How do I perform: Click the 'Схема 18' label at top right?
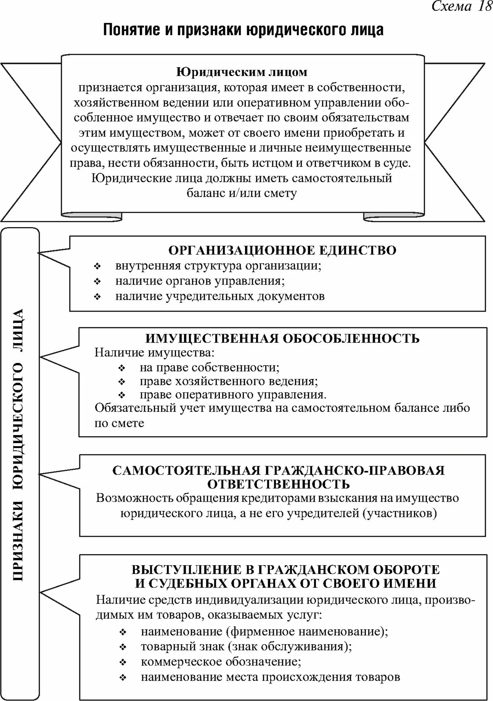tap(461, 6)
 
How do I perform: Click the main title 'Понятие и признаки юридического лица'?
tap(243, 30)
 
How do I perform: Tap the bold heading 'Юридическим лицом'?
tap(242, 72)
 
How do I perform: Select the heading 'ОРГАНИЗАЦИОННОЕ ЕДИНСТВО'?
tap(283, 250)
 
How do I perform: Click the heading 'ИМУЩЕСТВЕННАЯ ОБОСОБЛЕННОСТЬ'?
tap(283, 338)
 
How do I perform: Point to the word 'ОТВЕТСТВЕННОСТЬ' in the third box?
tap(279, 484)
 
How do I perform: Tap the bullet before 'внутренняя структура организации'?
tap(98, 266)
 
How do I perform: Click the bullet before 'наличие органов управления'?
tap(98, 282)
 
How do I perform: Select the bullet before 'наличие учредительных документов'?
tap(98, 297)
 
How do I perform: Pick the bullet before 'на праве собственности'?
tap(122, 368)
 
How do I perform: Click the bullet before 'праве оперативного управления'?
tap(122, 395)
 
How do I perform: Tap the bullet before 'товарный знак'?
tap(123, 647)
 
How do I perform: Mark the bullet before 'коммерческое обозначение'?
tap(123, 662)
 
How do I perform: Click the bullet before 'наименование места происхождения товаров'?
tap(123, 678)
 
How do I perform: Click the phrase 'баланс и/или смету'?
tap(242, 193)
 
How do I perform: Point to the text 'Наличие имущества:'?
tap(155, 352)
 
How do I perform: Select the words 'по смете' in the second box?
tap(119, 423)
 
